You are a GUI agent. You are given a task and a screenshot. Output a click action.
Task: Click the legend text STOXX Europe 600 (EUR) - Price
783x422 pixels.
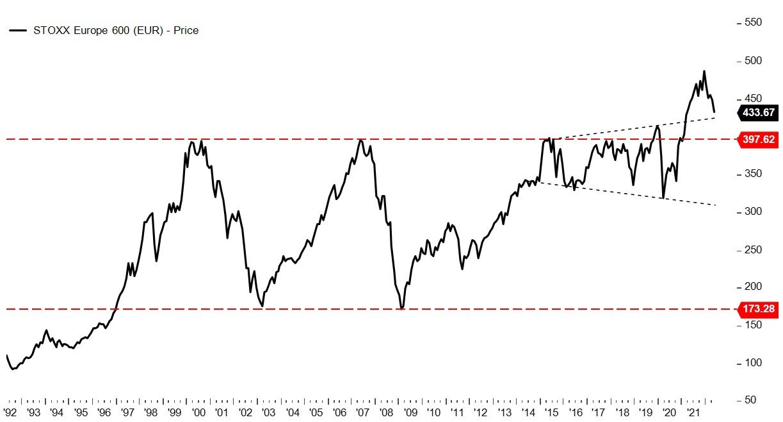[116, 30]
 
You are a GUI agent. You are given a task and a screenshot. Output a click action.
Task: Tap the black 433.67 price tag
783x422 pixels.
[758, 112]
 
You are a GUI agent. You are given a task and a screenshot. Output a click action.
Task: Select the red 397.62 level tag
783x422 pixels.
[758, 139]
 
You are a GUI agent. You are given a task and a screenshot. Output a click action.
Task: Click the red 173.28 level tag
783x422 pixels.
[758, 309]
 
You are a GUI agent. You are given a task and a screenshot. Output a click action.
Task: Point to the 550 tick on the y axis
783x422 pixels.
[753, 22]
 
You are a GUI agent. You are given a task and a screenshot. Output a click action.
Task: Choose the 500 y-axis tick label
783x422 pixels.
[753, 60]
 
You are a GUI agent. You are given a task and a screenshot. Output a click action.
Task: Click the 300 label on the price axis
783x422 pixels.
[753, 212]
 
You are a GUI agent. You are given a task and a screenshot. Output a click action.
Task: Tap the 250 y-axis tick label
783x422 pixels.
[753, 249]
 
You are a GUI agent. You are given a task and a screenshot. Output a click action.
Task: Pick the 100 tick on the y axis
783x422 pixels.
[753, 362]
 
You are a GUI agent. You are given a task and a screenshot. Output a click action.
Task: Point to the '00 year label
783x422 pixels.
[198, 413]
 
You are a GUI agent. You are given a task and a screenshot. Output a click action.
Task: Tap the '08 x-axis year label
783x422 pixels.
[386, 413]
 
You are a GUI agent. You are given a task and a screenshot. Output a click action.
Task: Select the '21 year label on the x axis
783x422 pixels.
[693, 413]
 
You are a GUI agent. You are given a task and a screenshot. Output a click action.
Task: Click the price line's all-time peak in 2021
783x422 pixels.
[704, 71]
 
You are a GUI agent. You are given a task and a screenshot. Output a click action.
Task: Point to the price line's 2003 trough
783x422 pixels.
[262, 307]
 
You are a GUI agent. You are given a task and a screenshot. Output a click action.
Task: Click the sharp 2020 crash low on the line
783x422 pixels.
[663, 198]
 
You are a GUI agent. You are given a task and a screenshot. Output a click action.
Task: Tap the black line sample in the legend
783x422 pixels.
[18, 30]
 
